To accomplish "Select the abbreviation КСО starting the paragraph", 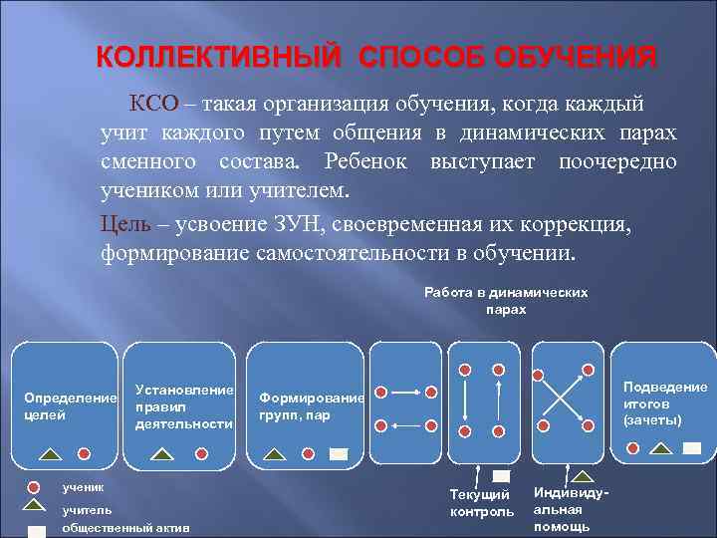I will (151, 105).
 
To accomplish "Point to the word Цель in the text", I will (124, 223).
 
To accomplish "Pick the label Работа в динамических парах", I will (506, 301).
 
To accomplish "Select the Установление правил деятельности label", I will (184, 406).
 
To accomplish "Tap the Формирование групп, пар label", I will (311, 406).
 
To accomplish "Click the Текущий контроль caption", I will (482, 504).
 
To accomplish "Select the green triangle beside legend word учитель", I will (36, 509).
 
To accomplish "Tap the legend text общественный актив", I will (125, 528).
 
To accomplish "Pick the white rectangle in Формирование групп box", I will (339, 454).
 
